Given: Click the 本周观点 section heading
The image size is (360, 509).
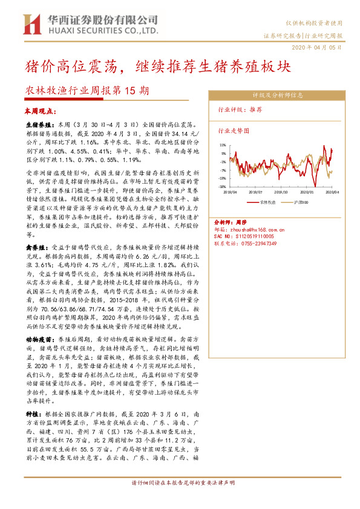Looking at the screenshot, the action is [x=40, y=111].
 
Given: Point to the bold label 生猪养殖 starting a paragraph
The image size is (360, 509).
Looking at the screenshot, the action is [x=36, y=123].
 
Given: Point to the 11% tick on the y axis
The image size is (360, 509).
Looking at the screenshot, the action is [x=223, y=145].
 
